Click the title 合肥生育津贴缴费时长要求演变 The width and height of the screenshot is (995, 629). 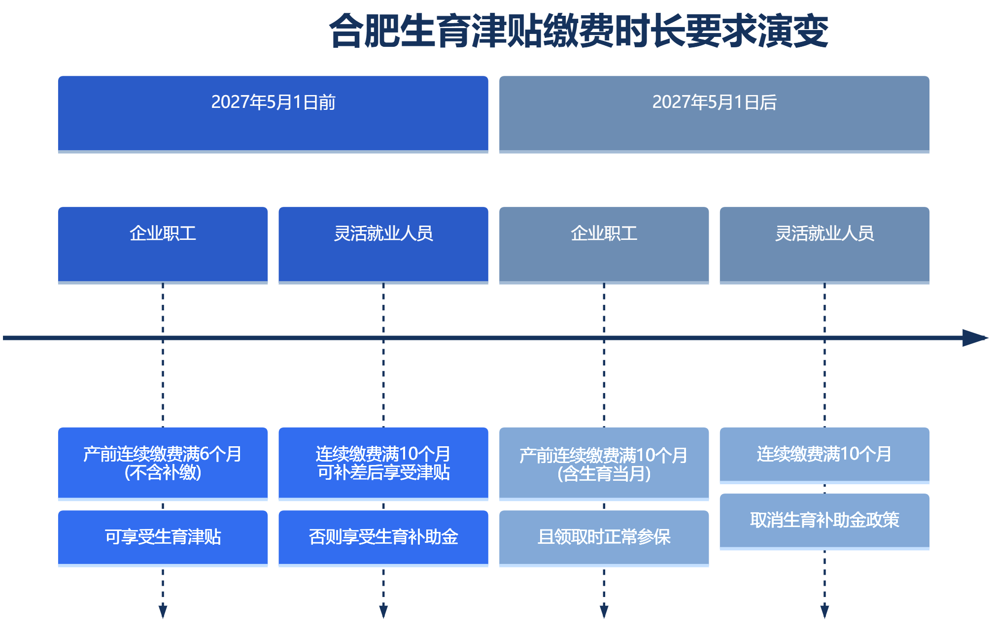tap(579, 31)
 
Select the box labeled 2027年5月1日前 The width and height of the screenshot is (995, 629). tap(273, 114)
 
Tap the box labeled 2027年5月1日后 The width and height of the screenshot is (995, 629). tap(714, 114)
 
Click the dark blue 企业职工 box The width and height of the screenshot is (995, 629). tap(163, 245)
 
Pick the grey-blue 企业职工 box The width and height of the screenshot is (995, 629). tap(604, 245)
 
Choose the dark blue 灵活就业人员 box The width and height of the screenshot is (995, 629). tap(383, 245)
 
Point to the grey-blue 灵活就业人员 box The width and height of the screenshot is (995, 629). tap(824, 245)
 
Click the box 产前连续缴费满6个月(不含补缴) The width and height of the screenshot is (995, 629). tap(163, 464)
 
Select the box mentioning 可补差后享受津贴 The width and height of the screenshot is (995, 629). tap(383, 464)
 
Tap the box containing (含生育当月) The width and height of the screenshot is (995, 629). tap(604, 464)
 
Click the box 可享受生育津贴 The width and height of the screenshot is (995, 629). tap(163, 538)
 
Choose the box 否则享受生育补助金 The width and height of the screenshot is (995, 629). tap(383, 538)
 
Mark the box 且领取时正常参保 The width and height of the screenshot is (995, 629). tap(604, 538)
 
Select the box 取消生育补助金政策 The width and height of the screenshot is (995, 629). tap(824, 522)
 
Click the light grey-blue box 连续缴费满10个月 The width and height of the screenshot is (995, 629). tap(824, 456)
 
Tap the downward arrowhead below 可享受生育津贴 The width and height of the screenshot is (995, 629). tap(163, 612)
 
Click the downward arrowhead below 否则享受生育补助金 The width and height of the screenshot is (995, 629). tap(383, 612)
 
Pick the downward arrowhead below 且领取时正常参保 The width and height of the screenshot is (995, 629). tap(604, 612)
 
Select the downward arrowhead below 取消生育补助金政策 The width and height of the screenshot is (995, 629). tap(824, 612)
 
